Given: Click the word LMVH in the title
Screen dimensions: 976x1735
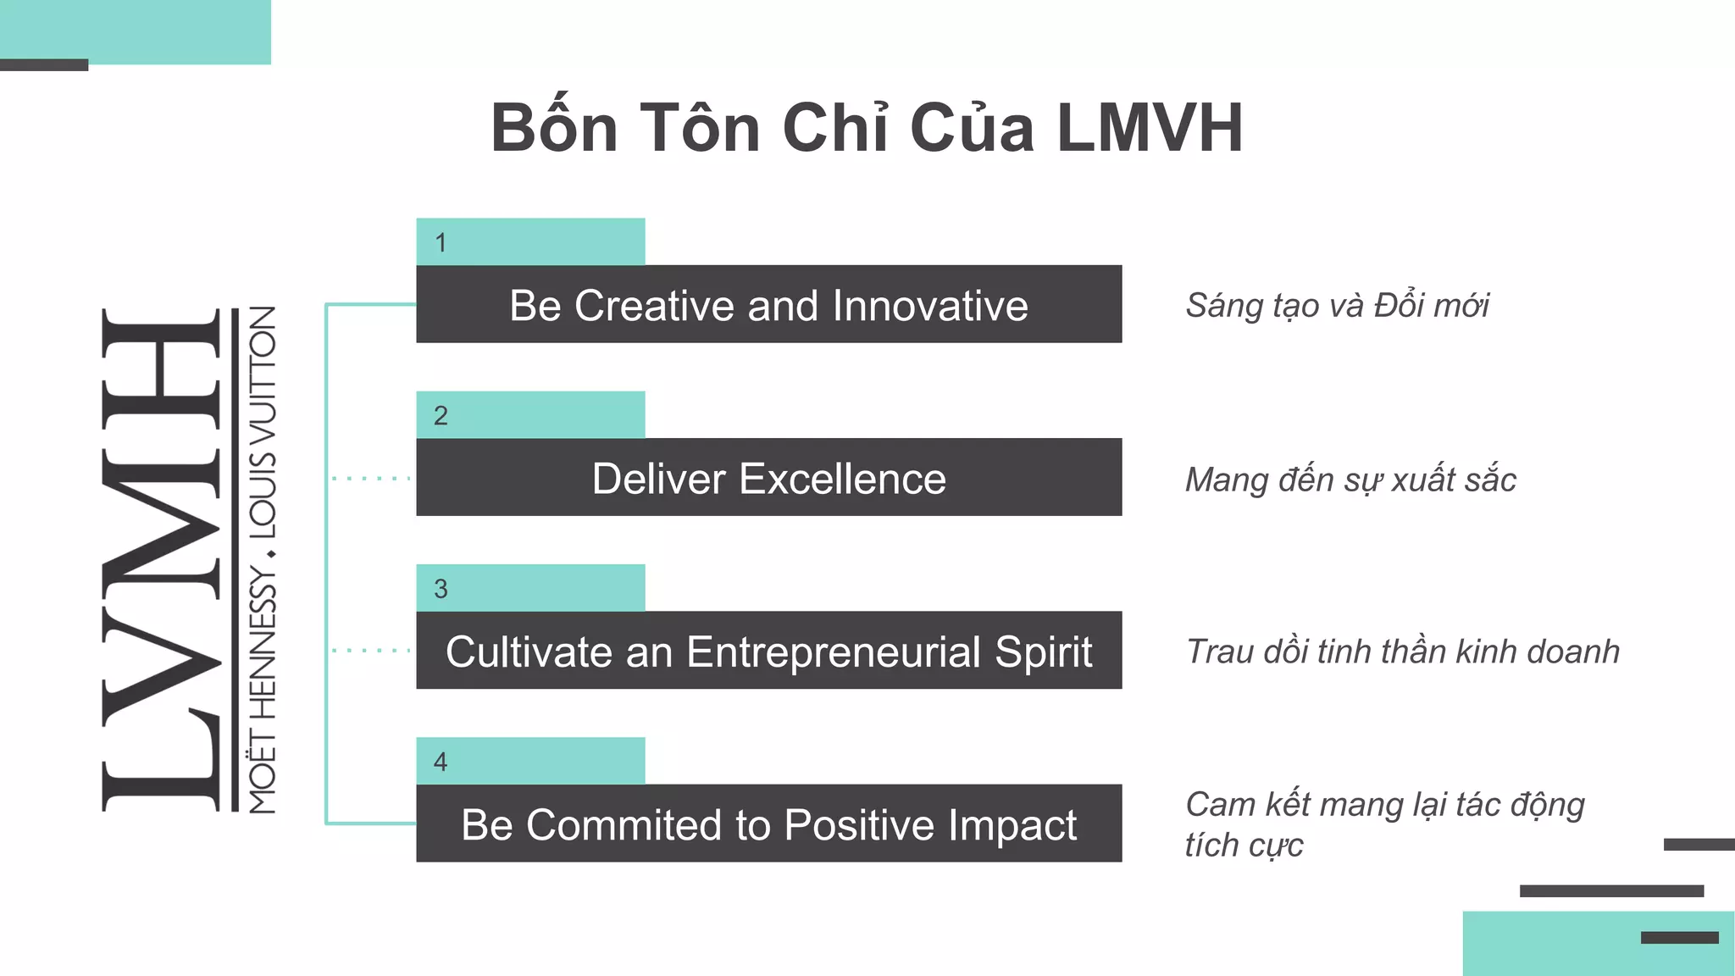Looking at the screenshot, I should tap(1150, 129).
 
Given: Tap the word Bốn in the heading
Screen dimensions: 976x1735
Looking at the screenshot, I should tap(555, 129).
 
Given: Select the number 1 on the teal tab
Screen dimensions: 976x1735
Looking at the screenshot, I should tap(441, 243).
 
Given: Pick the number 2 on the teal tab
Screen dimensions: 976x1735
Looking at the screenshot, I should tap(441, 416).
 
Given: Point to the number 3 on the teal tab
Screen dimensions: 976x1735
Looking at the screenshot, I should tap(441, 589).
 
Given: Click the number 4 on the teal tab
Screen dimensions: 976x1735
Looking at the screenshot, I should tap(441, 762).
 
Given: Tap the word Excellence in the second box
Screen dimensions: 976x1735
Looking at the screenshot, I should tap(842, 480).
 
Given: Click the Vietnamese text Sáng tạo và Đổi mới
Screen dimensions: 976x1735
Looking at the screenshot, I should tap(1337, 306).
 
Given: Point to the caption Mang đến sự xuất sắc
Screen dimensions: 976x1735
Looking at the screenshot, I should tap(1350, 480).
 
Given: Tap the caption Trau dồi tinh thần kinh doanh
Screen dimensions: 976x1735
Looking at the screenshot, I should tap(1402, 652).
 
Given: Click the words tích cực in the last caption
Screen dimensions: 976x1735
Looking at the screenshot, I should tap(1244, 846).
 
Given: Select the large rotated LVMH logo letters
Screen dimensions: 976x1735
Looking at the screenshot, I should tap(161, 559).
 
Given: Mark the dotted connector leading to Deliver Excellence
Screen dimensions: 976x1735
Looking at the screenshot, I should tap(371, 479).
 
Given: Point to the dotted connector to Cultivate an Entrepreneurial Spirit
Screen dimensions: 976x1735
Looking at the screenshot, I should tap(371, 651).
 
